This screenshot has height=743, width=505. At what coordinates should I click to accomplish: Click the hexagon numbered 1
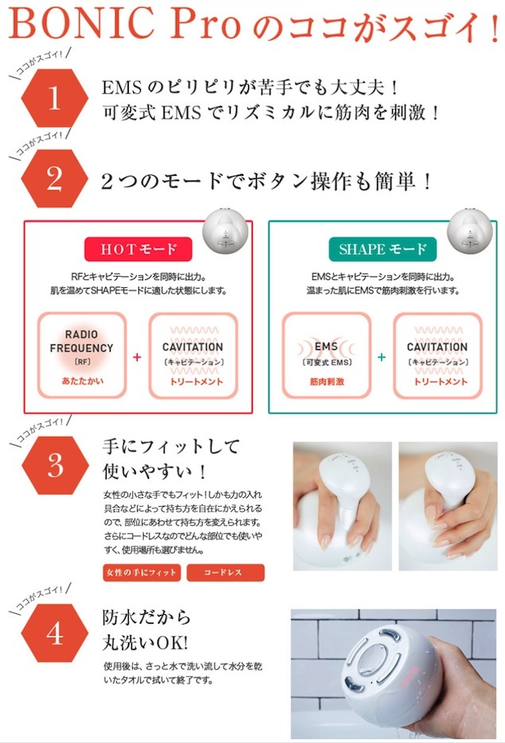(x=54, y=99)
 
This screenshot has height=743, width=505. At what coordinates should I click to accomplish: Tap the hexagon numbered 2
(x=54, y=179)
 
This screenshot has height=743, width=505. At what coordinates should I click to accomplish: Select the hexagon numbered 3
(x=54, y=465)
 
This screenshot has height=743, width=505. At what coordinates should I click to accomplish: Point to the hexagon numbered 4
(x=54, y=634)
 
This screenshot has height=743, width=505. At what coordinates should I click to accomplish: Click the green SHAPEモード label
(x=383, y=249)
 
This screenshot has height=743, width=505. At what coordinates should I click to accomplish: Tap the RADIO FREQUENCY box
(x=82, y=356)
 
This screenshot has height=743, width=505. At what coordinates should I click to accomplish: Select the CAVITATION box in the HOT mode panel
(x=193, y=356)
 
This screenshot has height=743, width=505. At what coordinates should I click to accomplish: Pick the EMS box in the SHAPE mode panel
(x=326, y=356)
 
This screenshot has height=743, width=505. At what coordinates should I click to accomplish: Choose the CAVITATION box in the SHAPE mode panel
(x=437, y=356)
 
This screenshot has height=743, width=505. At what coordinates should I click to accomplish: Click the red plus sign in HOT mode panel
(x=138, y=357)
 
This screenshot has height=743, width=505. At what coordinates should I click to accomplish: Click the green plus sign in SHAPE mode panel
(x=382, y=357)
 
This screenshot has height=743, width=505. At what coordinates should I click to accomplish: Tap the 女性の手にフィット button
(x=142, y=573)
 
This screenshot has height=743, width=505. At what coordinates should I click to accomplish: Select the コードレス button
(x=225, y=573)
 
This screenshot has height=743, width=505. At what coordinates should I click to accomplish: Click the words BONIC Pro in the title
(x=123, y=26)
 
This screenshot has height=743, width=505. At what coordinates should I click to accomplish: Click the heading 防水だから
(x=146, y=617)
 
